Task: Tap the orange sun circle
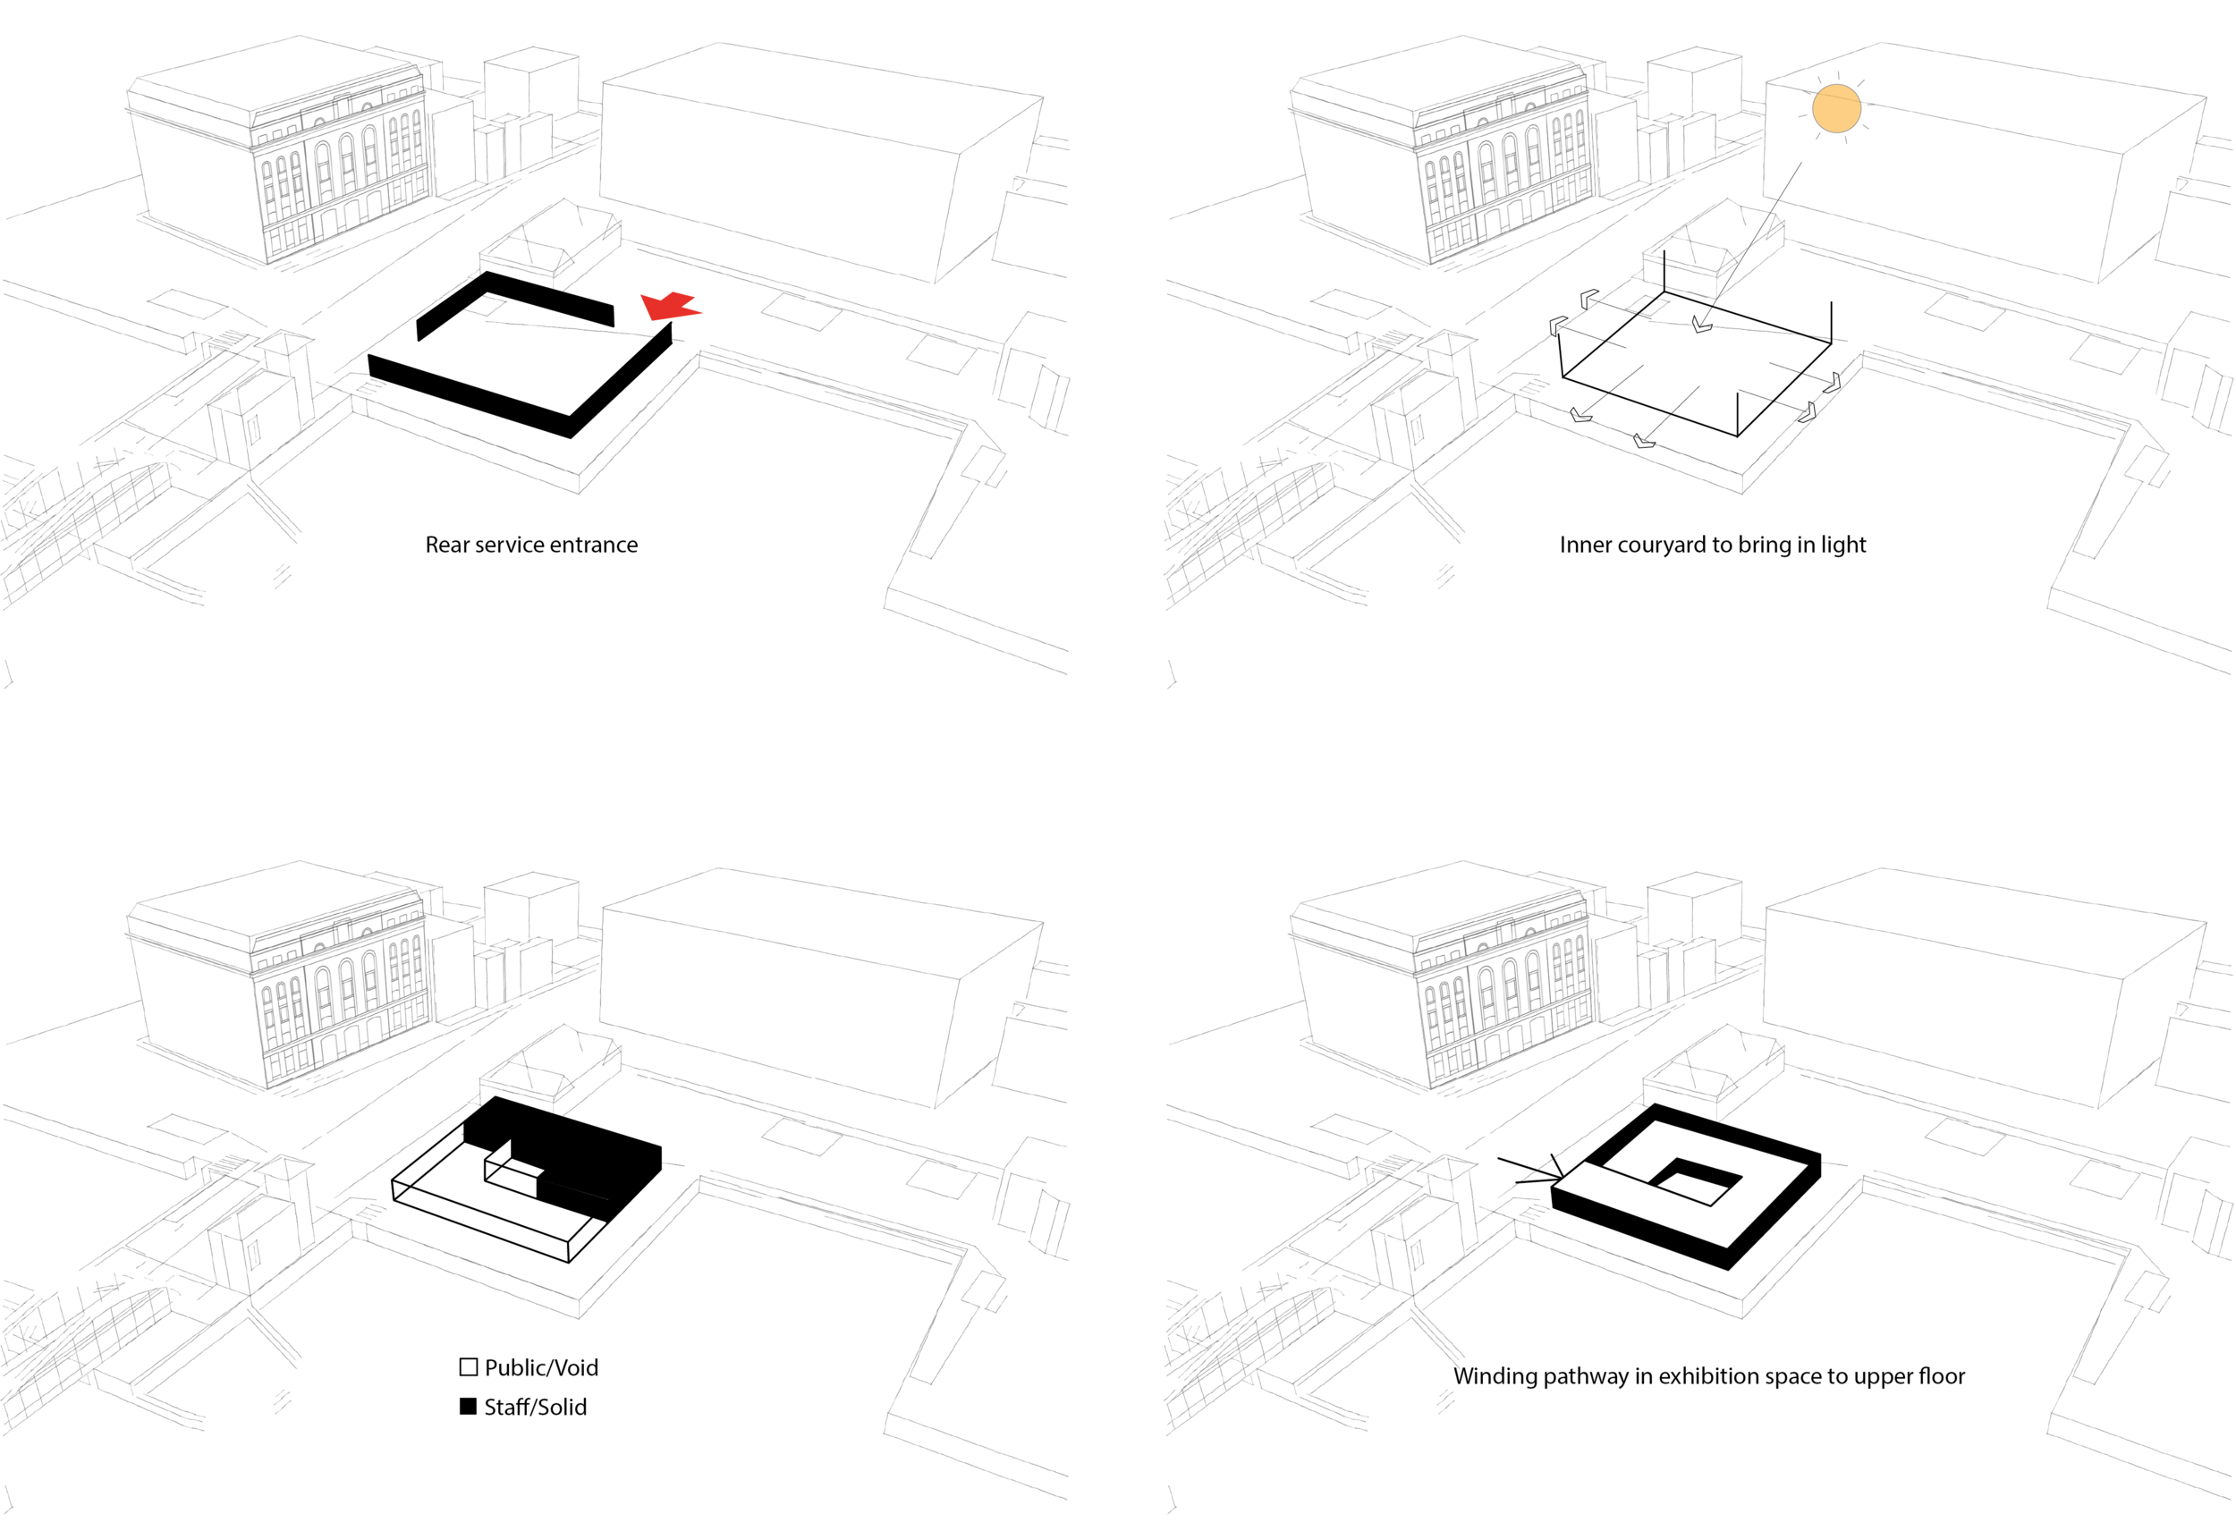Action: (1835, 107)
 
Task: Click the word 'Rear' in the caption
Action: (447, 545)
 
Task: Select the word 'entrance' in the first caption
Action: (597, 545)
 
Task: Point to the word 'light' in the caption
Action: (1842, 545)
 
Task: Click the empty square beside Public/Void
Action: (469, 1367)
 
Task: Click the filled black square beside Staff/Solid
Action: (469, 1407)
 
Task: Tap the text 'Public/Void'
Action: (541, 1367)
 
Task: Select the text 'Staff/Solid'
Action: (535, 1407)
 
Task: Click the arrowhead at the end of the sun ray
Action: (1701, 326)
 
